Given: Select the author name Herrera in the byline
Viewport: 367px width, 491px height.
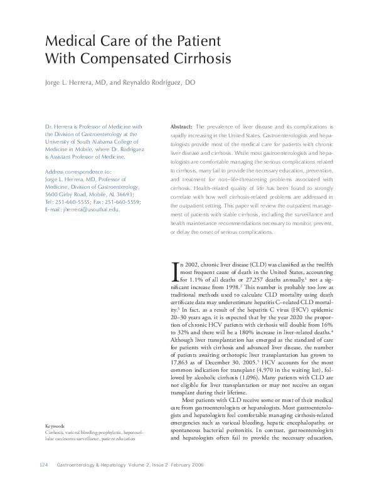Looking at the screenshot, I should tap(80, 83).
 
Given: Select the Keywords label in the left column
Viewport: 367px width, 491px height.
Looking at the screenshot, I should tap(55, 425).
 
